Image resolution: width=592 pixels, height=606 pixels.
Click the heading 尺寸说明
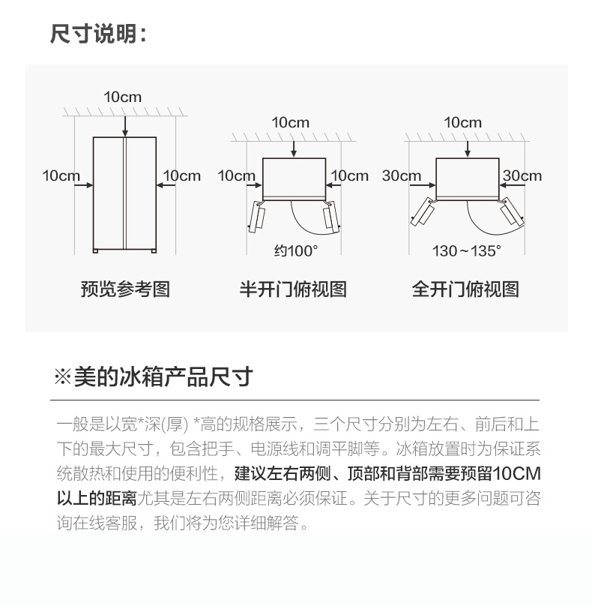click(x=94, y=34)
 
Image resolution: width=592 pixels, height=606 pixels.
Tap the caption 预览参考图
click(x=125, y=289)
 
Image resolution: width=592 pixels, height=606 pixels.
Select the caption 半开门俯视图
click(x=293, y=289)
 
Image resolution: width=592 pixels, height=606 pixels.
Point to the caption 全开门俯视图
click(x=465, y=289)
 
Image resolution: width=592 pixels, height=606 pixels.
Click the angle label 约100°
click(x=296, y=250)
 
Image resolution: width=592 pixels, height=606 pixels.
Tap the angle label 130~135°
click(x=466, y=250)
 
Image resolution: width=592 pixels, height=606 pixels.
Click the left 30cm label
click(x=401, y=175)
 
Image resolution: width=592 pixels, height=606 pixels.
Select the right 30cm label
click(x=522, y=175)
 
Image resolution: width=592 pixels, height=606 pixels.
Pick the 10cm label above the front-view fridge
click(x=122, y=97)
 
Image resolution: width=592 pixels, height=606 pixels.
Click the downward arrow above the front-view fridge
click(x=124, y=127)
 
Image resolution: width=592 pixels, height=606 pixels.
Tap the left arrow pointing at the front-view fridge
click(x=83, y=185)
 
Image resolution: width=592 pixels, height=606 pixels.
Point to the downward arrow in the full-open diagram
click(x=468, y=149)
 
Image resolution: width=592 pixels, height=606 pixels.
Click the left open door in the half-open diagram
click(x=256, y=217)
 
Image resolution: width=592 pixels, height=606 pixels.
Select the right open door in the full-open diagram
click(x=512, y=211)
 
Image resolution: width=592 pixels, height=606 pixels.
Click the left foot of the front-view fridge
click(x=95, y=251)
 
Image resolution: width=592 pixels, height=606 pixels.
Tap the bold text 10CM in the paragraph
click(x=517, y=474)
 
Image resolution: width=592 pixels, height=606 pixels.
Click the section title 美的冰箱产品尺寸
click(x=163, y=376)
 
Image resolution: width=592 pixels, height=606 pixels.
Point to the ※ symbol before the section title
click(x=62, y=376)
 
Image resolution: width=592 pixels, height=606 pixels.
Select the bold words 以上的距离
click(x=97, y=499)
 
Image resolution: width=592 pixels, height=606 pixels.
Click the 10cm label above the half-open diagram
click(x=291, y=122)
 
